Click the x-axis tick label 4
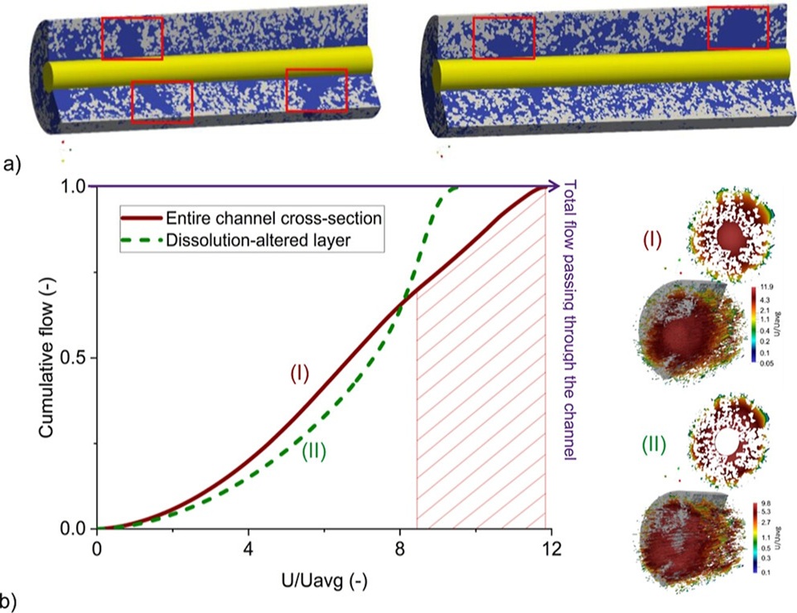[x=249, y=549]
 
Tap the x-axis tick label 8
[x=399, y=549]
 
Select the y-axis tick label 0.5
[x=74, y=358]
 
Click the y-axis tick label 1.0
[x=74, y=187]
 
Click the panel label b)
[x=13, y=599]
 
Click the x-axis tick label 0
[x=98, y=549]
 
